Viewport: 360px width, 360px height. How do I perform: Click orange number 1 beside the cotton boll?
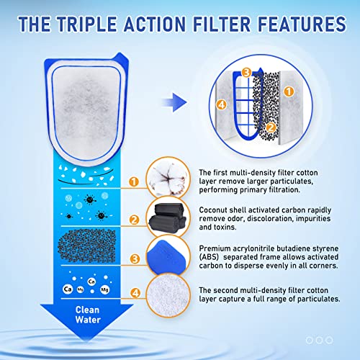(x=133, y=182)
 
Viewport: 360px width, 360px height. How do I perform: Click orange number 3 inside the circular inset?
(x=246, y=72)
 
